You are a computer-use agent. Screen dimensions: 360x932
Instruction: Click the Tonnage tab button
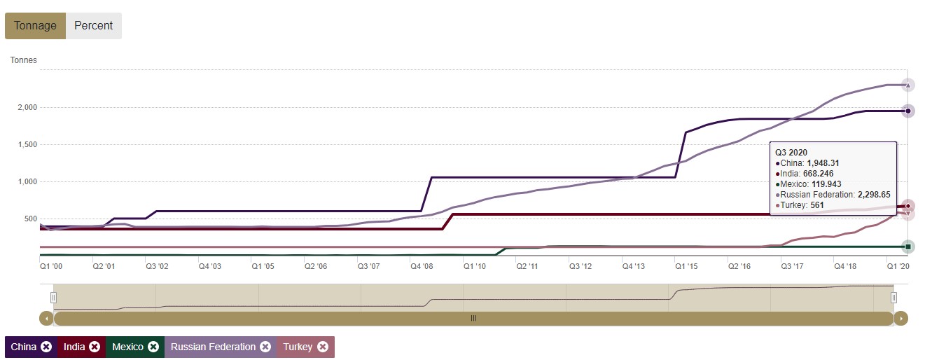point(35,26)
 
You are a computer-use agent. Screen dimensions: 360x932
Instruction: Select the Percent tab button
point(93,26)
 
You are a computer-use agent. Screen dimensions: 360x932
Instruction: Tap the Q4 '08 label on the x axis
point(421,267)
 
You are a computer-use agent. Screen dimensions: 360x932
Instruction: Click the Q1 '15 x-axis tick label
point(686,267)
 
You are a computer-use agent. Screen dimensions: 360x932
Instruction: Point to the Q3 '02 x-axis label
point(156,267)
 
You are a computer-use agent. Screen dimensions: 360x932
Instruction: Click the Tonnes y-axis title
point(23,60)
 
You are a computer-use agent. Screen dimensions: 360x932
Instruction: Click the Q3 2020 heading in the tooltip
point(791,151)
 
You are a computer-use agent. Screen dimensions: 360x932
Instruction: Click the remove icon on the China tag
point(46,347)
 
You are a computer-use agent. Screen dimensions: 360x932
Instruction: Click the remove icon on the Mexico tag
point(153,347)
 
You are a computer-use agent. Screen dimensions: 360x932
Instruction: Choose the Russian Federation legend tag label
point(213,347)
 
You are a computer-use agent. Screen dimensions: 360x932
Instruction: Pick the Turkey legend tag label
point(298,347)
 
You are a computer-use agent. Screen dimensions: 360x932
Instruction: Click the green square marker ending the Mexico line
point(907,247)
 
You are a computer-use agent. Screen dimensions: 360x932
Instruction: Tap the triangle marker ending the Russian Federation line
point(907,85)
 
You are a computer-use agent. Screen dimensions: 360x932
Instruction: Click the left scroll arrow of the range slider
point(46,319)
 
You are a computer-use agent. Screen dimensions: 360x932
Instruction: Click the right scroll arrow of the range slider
point(901,319)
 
